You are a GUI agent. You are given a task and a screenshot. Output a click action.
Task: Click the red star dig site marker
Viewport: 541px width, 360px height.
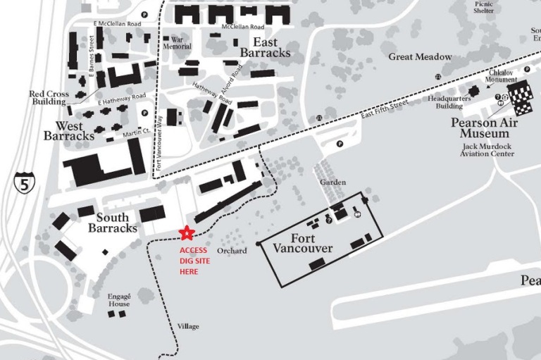186,232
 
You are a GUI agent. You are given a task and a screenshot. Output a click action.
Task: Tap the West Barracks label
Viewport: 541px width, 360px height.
69,130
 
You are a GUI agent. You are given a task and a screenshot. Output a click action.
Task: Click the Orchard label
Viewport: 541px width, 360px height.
232,251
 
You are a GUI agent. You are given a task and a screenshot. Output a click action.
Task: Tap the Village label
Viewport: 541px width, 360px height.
189,327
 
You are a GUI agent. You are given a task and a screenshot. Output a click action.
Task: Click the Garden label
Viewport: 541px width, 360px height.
333,182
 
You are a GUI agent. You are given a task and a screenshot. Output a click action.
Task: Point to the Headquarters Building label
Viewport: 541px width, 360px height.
444,103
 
